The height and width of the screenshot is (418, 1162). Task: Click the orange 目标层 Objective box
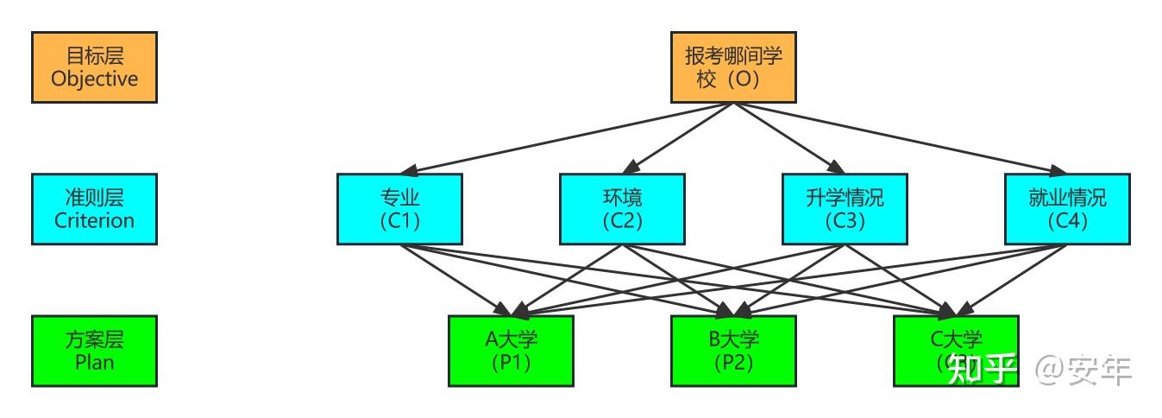[94, 67]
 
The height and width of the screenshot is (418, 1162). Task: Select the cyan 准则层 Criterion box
[94, 209]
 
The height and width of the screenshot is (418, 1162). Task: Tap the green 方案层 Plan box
[94, 351]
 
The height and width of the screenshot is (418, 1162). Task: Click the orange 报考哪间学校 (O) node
[733, 67]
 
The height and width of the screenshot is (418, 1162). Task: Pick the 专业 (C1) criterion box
[399, 209]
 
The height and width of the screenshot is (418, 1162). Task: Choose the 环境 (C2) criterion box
[622, 209]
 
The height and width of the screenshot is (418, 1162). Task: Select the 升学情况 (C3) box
[845, 209]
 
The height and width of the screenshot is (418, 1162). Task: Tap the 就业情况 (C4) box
[1067, 209]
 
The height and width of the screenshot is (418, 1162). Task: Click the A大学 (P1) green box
[511, 351]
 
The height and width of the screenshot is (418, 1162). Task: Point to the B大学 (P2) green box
[733, 351]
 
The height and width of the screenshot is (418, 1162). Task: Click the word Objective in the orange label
[94, 79]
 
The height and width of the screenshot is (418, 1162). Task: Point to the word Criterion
[94, 220]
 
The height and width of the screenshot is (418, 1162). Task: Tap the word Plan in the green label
[94, 362]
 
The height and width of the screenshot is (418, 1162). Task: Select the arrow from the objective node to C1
[569, 138]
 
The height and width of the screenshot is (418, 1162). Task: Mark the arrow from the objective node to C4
[897, 138]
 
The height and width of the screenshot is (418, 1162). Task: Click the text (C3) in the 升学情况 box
[845, 221]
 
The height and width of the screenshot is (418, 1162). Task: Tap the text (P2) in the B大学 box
[733, 363]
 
